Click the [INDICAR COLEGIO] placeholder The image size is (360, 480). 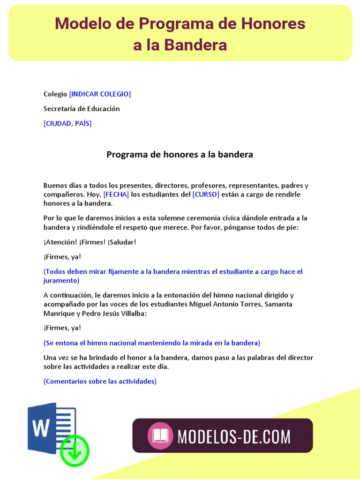click(100, 94)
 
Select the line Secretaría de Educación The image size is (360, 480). click(82, 109)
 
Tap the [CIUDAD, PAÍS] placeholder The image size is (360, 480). click(67, 123)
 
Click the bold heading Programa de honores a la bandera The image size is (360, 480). click(180, 154)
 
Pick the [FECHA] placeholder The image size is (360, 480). click(116, 195)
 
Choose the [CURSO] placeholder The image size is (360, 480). click(206, 195)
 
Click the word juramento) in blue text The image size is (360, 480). click(61, 281)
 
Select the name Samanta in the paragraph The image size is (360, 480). click(279, 304)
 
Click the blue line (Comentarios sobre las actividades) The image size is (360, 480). click(100, 382)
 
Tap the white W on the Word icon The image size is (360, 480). click(42, 427)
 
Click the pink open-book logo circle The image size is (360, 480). click(160, 435)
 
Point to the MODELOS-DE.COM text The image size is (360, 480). click(234, 436)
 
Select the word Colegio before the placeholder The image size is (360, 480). click(55, 94)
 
